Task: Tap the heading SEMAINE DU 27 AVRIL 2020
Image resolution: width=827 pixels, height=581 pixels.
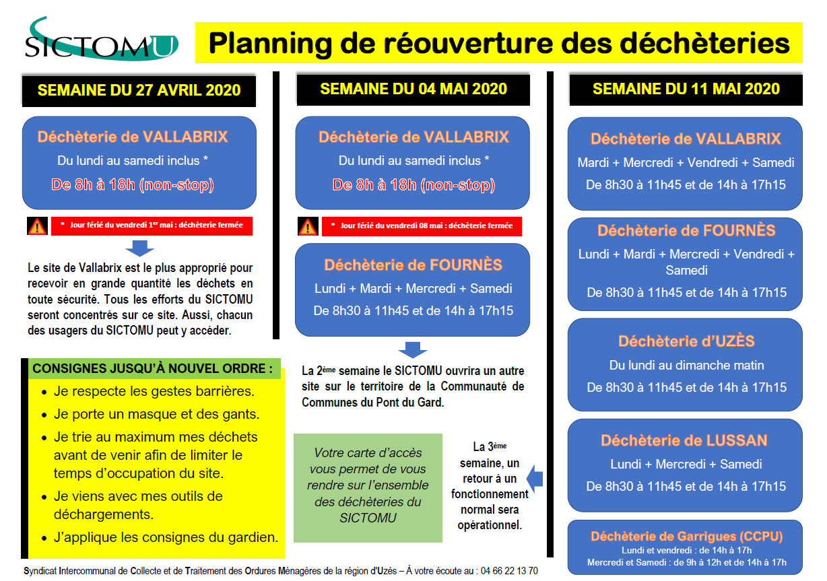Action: pyautogui.click(x=139, y=91)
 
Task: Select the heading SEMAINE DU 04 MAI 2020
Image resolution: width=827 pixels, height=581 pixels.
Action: pyautogui.click(x=413, y=89)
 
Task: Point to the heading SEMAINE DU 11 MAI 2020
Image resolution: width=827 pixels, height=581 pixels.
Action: pyautogui.click(x=686, y=89)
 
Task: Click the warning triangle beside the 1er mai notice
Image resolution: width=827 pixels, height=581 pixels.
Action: pyautogui.click(x=37, y=226)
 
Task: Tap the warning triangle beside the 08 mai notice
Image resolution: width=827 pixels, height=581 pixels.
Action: pyautogui.click(x=308, y=226)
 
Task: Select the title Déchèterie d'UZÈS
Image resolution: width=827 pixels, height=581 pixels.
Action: pyautogui.click(x=686, y=341)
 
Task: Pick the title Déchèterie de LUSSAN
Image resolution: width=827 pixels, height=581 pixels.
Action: pyautogui.click(x=684, y=440)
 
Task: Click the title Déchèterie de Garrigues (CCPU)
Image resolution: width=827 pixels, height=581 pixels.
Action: pyautogui.click(x=686, y=537)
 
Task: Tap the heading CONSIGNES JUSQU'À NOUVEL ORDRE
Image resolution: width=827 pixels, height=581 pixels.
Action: pyautogui.click(x=153, y=369)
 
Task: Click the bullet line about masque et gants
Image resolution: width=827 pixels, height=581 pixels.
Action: pyautogui.click(x=156, y=415)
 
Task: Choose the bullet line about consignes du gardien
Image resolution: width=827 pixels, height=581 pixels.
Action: pyautogui.click(x=166, y=537)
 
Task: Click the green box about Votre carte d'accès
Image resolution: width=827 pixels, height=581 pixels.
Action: pyautogui.click(x=368, y=487)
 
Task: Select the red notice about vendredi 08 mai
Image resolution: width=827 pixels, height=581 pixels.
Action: pyautogui.click(x=422, y=226)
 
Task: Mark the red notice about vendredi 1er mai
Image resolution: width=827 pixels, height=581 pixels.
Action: pyautogui.click(x=152, y=226)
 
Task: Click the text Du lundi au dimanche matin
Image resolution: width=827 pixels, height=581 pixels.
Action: pyautogui.click(x=686, y=366)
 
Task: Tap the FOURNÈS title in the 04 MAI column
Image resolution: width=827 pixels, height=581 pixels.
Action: pyautogui.click(x=413, y=265)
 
